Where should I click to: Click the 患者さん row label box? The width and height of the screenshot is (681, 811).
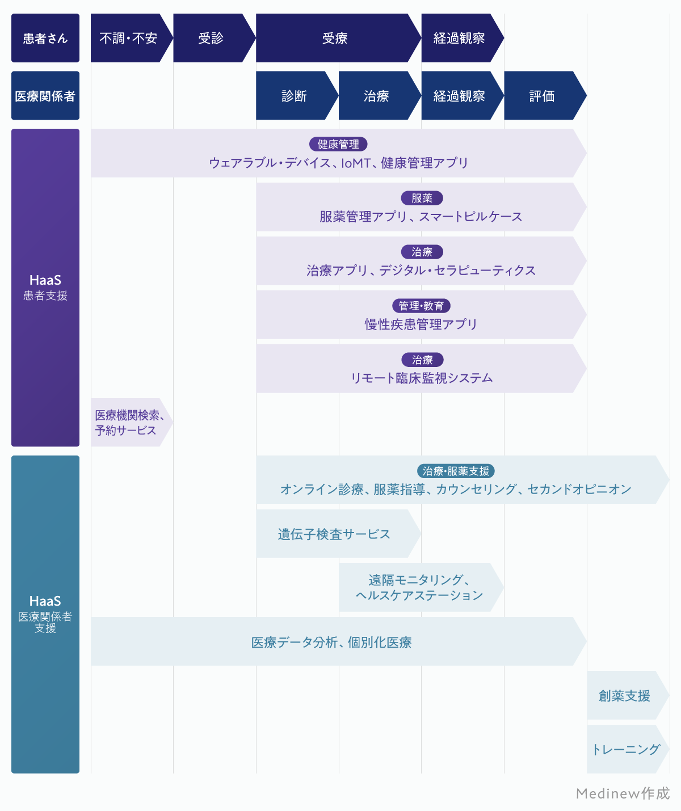(x=45, y=38)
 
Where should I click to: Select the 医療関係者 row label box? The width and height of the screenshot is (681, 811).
(x=45, y=96)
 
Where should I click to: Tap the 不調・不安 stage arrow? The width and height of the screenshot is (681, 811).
(x=128, y=38)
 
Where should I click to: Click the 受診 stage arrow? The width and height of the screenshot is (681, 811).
(x=211, y=38)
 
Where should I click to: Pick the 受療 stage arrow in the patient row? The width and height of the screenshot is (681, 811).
(x=335, y=38)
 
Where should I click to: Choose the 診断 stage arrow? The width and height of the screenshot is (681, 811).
(x=294, y=96)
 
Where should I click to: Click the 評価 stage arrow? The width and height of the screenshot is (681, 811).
(x=541, y=96)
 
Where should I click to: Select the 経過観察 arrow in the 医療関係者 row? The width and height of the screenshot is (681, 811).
(x=459, y=96)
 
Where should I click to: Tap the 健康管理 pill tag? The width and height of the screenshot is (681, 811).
(x=338, y=145)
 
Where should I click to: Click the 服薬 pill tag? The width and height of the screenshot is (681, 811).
(x=422, y=198)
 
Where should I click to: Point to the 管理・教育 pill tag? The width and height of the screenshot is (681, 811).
(x=421, y=306)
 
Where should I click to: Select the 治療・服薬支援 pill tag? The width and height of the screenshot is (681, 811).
(x=456, y=471)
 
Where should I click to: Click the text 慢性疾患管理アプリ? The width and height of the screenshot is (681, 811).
(x=421, y=324)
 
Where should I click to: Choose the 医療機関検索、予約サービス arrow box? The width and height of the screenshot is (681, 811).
(x=129, y=423)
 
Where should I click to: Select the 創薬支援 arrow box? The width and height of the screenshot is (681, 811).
(x=624, y=696)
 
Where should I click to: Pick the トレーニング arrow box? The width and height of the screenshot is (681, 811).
(x=625, y=750)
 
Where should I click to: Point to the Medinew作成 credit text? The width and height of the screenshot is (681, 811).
(x=623, y=793)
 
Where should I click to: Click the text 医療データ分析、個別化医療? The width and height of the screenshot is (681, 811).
(x=331, y=643)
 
